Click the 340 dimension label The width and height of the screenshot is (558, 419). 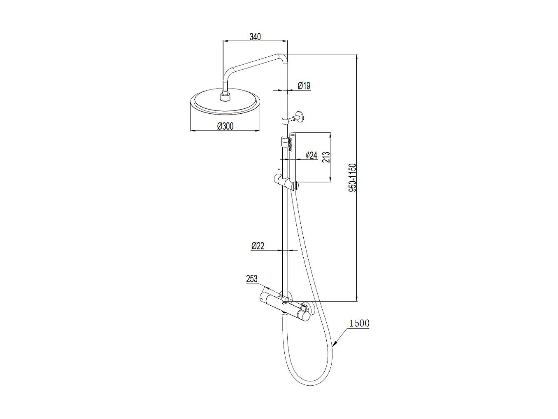pyautogui.click(x=255, y=37)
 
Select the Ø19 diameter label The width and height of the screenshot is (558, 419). pyautogui.click(x=304, y=86)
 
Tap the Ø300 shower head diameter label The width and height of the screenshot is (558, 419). pyautogui.click(x=225, y=126)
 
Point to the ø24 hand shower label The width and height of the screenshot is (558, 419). pyautogui.click(x=312, y=155)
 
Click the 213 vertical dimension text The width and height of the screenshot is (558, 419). pyautogui.click(x=326, y=157)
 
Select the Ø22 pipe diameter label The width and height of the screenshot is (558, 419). pyautogui.click(x=258, y=246)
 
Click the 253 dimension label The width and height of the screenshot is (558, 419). pyautogui.click(x=251, y=279)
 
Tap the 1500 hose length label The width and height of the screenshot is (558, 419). pyautogui.click(x=359, y=323)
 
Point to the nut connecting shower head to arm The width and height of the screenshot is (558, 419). pyautogui.click(x=225, y=96)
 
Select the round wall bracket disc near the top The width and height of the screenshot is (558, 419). pyautogui.click(x=300, y=117)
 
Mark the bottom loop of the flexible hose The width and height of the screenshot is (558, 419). pyautogui.click(x=313, y=383)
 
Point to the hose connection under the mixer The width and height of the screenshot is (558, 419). pyautogui.click(x=284, y=314)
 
